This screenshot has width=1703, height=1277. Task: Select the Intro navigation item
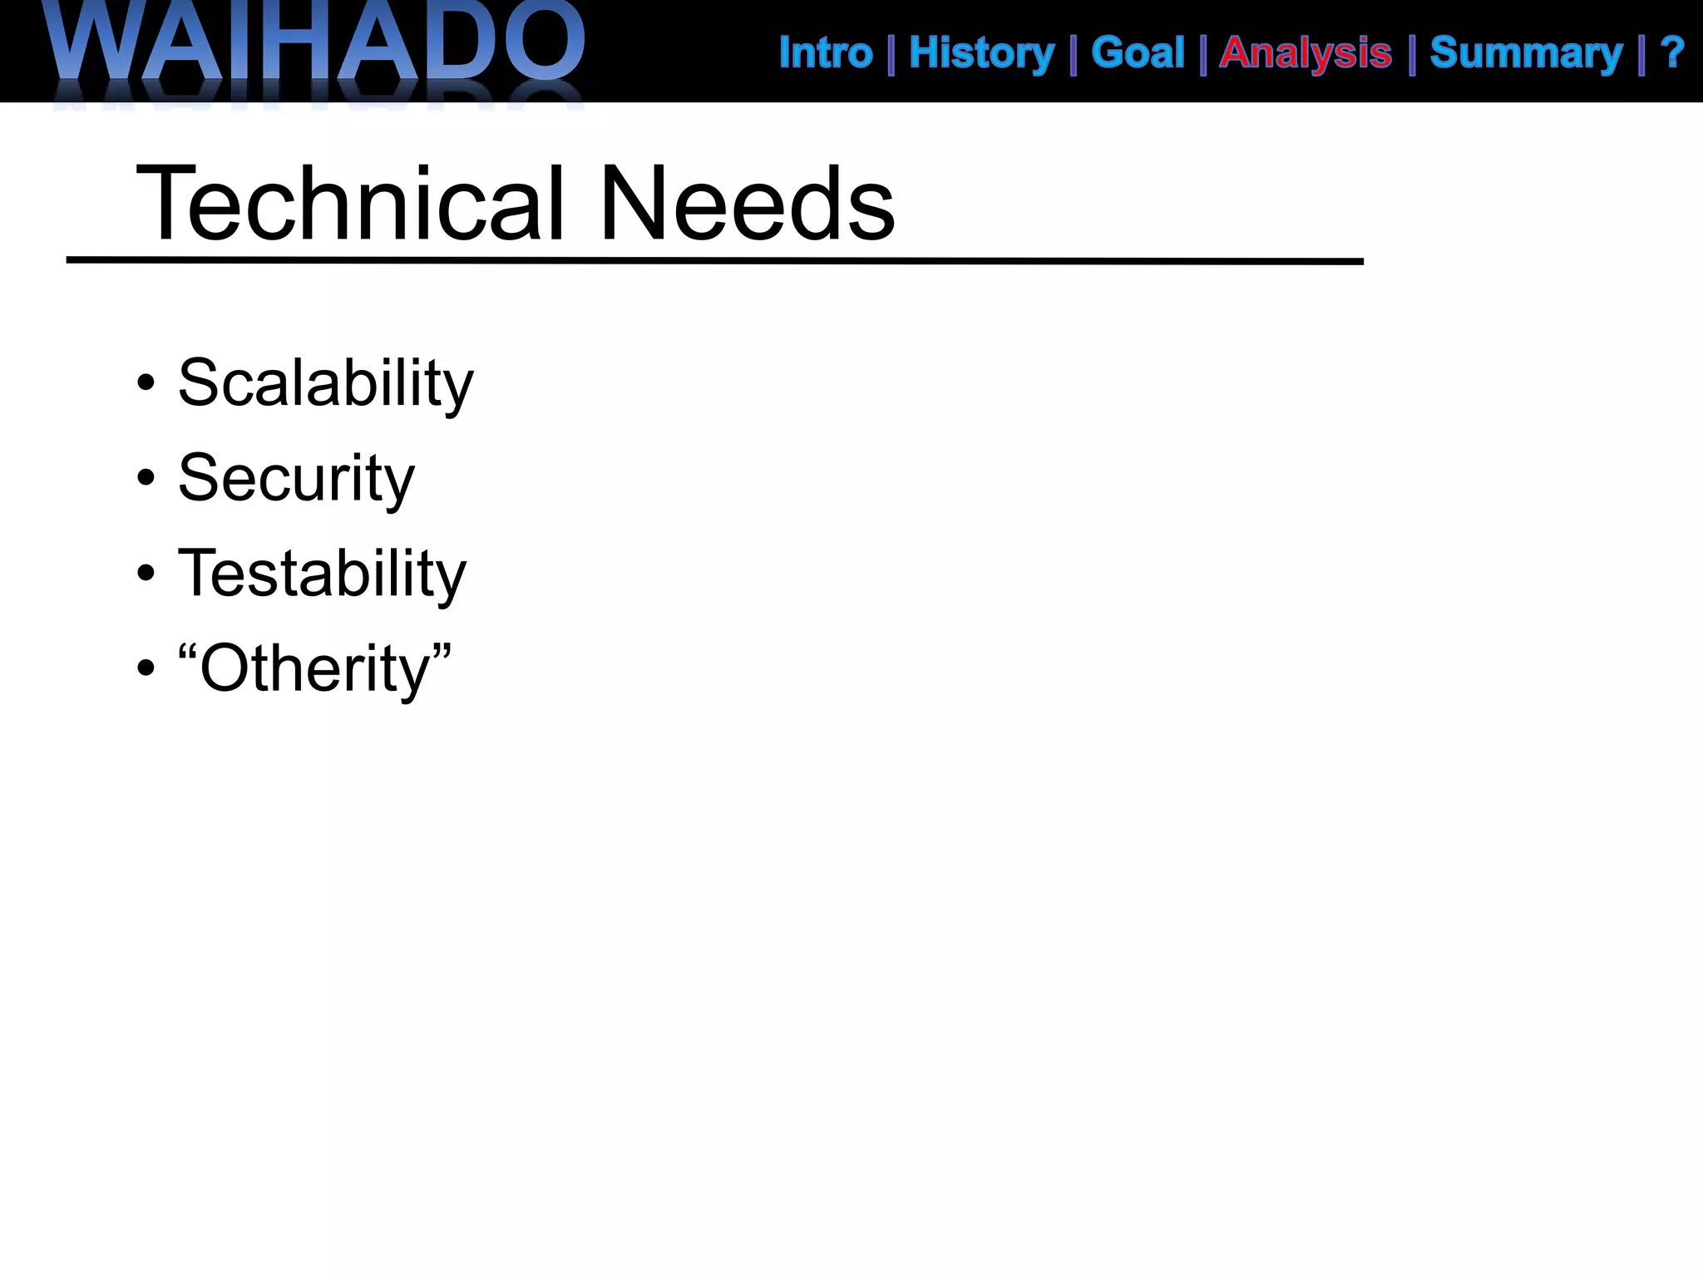pyautogui.click(x=826, y=53)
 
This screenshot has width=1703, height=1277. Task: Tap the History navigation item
pyautogui.click(x=981, y=53)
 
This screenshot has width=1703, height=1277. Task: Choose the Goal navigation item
pyautogui.click(x=1138, y=53)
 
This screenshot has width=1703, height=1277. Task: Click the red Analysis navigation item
pyautogui.click(x=1306, y=53)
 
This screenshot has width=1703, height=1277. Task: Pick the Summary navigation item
pyautogui.click(x=1526, y=53)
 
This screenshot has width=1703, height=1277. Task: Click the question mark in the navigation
pyautogui.click(x=1672, y=53)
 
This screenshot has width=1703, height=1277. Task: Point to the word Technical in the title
pyautogui.click(x=350, y=204)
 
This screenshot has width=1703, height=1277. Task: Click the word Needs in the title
pyautogui.click(x=746, y=204)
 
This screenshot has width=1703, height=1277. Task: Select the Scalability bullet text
pyautogui.click(x=325, y=383)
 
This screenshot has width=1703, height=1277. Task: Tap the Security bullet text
pyautogui.click(x=296, y=479)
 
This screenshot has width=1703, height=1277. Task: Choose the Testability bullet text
pyautogui.click(x=322, y=574)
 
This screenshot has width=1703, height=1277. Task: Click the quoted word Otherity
pyautogui.click(x=314, y=668)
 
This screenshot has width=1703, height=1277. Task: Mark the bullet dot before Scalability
pyautogui.click(x=146, y=383)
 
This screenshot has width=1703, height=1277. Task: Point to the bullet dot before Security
pyautogui.click(x=146, y=479)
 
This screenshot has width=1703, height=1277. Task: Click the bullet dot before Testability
pyautogui.click(x=146, y=574)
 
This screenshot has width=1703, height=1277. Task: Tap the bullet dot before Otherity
pyautogui.click(x=146, y=668)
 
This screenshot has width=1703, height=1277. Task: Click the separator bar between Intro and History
pyautogui.click(x=891, y=55)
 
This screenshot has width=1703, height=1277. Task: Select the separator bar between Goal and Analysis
pyautogui.click(x=1203, y=55)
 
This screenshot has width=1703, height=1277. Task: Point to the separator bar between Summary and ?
pyautogui.click(x=1641, y=55)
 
